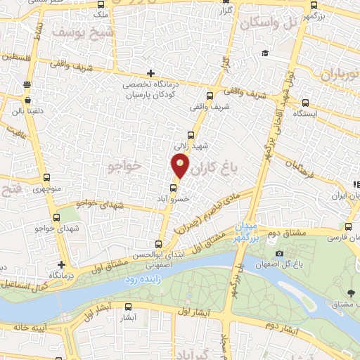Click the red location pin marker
pyautogui.click(x=180, y=166)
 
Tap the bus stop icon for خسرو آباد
pyautogui.click(x=174, y=188)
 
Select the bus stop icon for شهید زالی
pyautogui.click(x=191, y=134)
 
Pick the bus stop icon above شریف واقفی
pyautogui.click(x=210, y=96)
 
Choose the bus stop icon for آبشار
pyautogui.click(x=128, y=307)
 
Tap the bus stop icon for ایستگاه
pyautogui.click(x=304, y=101)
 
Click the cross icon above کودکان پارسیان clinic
pyautogui.click(x=150, y=73)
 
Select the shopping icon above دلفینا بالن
pyautogui.click(x=27, y=84)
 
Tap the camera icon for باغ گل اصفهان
pyautogui.click(x=280, y=254)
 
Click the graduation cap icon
pyautogui.click(x=264, y=53)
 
